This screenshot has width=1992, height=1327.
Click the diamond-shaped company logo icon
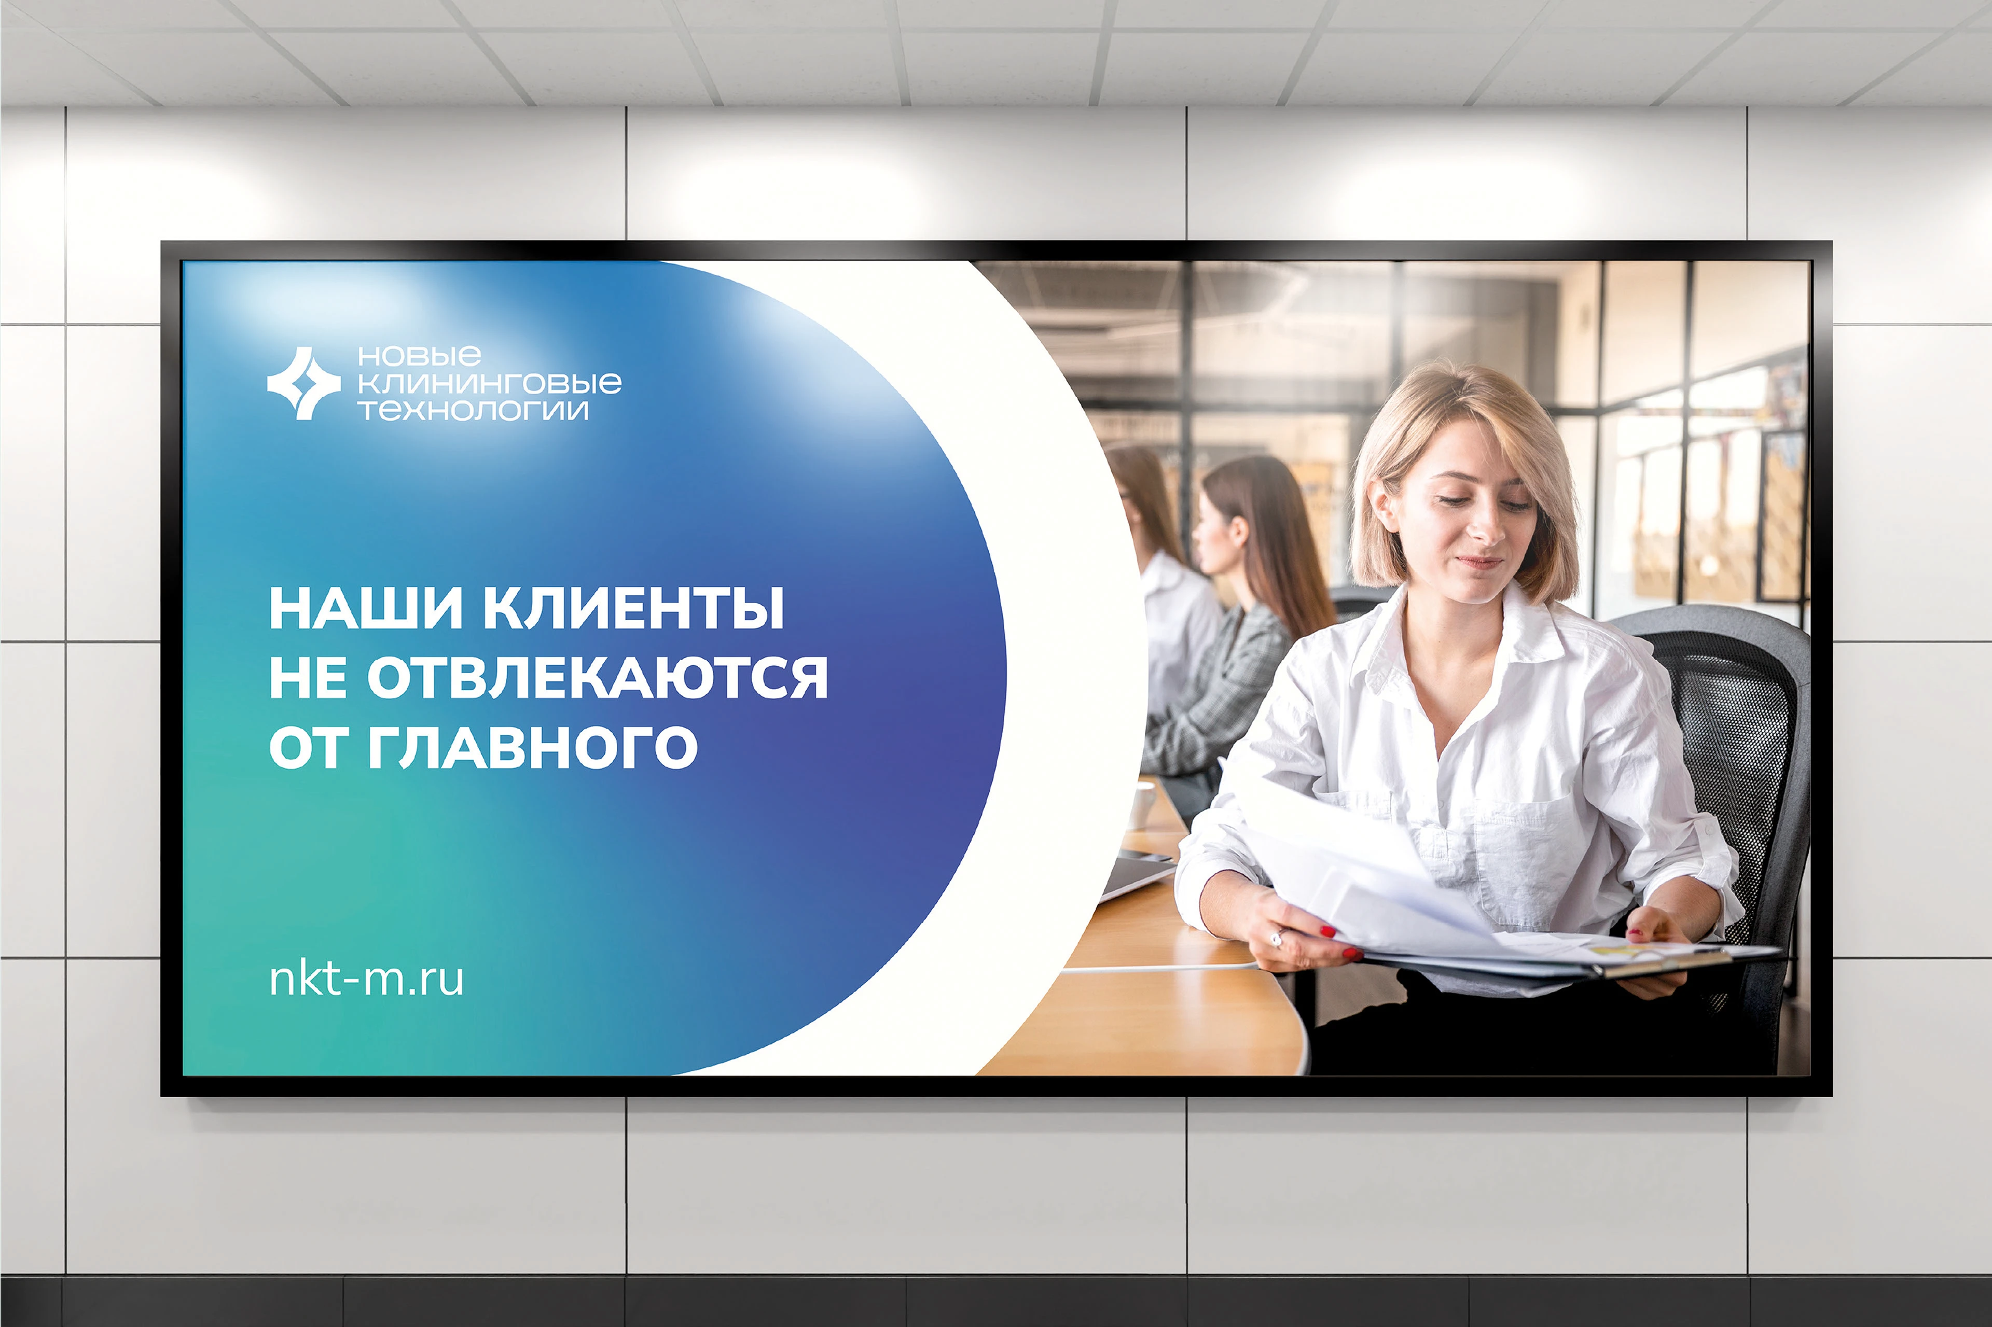pyautogui.click(x=303, y=383)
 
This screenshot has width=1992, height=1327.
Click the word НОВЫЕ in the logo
pyautogui.click(x=419, y=355)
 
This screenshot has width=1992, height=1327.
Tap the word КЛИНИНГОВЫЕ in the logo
pyautogui.click(x=489, y=383)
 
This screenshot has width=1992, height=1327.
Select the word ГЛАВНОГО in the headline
pyautogui.click(x=532, y=747)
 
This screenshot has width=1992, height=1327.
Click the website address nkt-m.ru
pyautogui.click(x=366, y=979)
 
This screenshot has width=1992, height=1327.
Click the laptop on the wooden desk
pyautogui.click(x=1135, y=872)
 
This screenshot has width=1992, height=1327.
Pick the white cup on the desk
pyautogui.click(x=1142, y=804)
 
